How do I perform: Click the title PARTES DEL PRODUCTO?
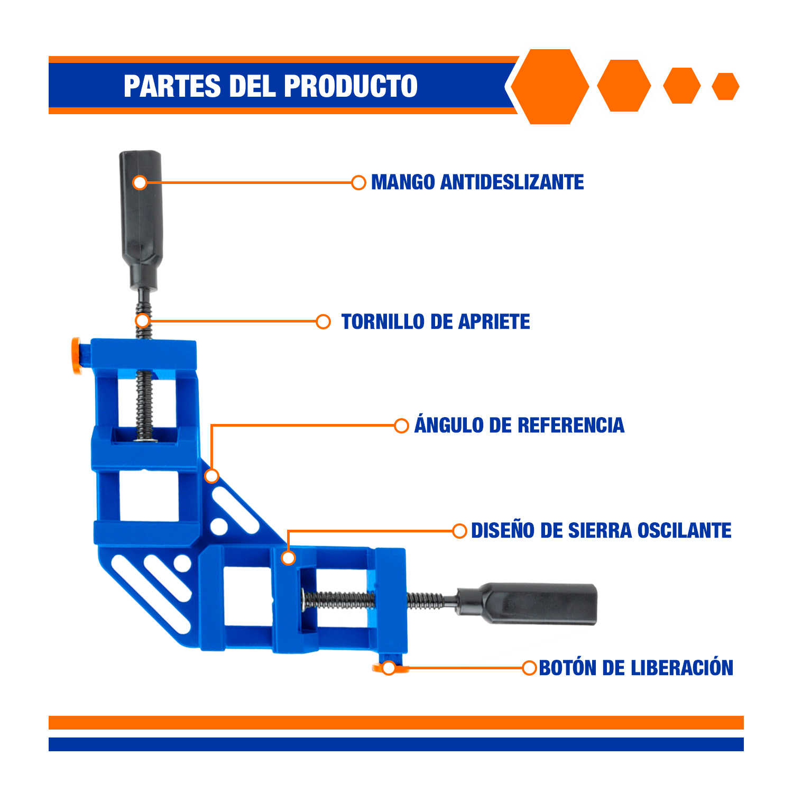click(271, 86)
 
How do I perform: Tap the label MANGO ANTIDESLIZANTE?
click(477, 182)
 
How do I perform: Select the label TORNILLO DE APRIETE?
click(436, 321)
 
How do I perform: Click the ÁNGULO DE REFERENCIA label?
click(519, 425)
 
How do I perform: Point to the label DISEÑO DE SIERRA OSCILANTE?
click(601, 530)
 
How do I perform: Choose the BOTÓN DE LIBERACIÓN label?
click(636, 668)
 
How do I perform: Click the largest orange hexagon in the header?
click(550, 87)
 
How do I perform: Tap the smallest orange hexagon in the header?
click(725, 86)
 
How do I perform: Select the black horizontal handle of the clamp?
click(527, 604)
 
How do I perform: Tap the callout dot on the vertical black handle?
click(140, 182)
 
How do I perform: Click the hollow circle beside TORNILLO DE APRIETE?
click(323, 321)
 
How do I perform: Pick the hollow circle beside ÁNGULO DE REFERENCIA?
click(401, 425)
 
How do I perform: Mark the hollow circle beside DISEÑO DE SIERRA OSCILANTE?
click(459, 531)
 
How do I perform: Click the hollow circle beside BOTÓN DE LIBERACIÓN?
click(529, 668)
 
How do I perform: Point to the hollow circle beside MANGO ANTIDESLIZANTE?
click(358, 182)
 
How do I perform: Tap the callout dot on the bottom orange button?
click(389, 668)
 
